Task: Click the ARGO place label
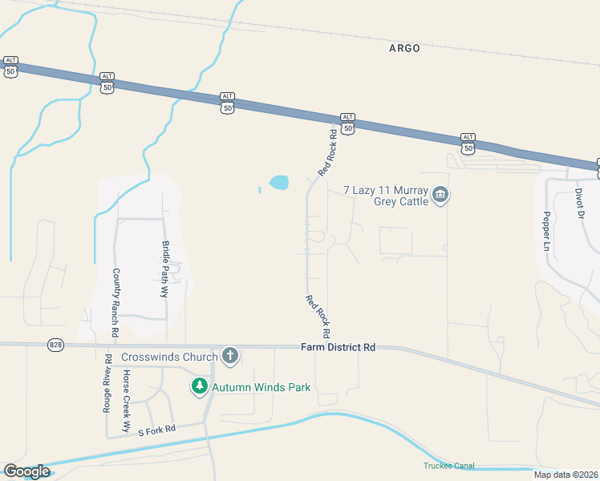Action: (404, 48)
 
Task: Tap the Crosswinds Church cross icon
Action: (230, 357)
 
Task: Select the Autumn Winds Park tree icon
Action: (199, 387)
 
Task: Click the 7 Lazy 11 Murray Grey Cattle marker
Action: (440, 195)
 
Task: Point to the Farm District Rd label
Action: (339, 348)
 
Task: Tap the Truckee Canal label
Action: (449, 466)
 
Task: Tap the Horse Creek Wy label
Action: (126, 401)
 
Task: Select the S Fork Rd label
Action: (156, 431)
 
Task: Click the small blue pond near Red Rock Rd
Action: (278, 183)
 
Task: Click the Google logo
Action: (26, 471)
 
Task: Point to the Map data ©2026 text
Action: (565, 475)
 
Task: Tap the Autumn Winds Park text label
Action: (261, 388)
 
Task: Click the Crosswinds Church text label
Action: (169, 358)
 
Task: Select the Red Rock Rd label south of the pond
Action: (318, 315)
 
